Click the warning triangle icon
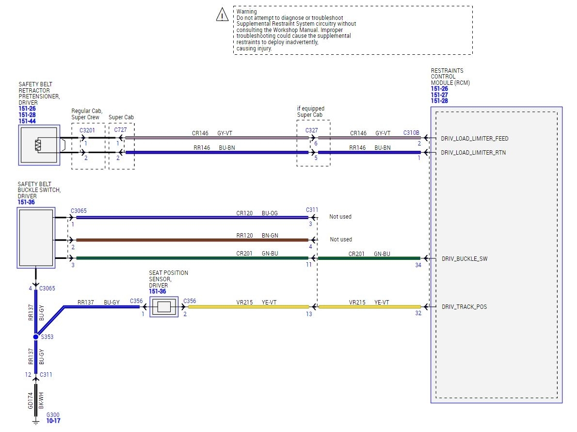coord(222,15)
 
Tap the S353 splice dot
coord(36,336)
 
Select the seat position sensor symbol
coord(164,306)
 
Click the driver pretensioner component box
coord(39,145)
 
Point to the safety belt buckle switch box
coord(36,238)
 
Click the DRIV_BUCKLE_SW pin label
coord(465,259)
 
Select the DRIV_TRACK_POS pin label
coord(464,307)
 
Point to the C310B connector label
coord(412,132)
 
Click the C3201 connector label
coord(87,130)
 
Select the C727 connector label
coord(121,130)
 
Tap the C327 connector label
coord(311,130)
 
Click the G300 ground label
coord(52,416)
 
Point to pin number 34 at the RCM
coord(418,265)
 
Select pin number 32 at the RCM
coord(418,313)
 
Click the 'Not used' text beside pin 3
coord(340,217)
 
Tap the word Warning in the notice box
coord(247,12)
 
